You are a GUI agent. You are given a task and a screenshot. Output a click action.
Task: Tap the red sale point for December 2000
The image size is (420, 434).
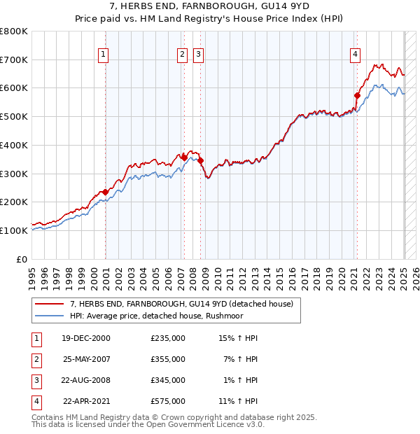pyautogui.click(x=105, y=192)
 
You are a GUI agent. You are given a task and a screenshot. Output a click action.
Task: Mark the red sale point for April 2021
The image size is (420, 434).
pyautogui.click(x=357, y=95)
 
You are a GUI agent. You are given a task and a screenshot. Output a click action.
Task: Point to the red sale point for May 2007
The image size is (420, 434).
pyautogui.click(x=184, y=157)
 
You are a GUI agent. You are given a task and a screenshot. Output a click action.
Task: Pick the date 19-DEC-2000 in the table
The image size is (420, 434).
pyautogui.click(x=86, y=338)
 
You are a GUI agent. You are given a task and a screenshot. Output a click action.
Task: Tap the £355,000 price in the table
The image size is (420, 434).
pyautogui.click(x=168, y=359)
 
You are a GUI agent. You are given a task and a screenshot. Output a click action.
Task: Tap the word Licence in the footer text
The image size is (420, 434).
pyautogui.click(x=225, y=424)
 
